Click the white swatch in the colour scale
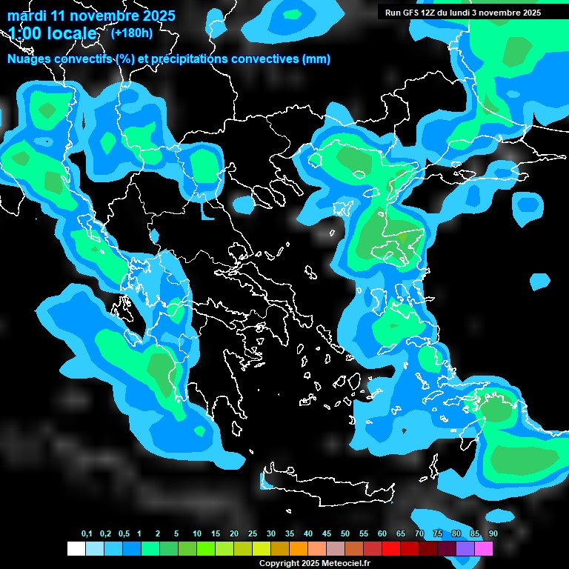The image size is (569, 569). (x=76, y=548)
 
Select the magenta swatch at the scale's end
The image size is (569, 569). (x=484, y=548)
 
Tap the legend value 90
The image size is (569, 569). (x=493, y=534)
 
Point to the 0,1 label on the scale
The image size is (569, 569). (x=87, y=534)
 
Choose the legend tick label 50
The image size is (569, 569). (x=345, y=534)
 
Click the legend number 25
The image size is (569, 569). (x=253, y=534)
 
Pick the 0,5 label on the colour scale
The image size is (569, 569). (x=124, y=534)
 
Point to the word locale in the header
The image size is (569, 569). (x=70, y=33)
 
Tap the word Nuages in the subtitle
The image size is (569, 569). (x=29, y=59)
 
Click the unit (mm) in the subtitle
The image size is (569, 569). (x=316, y=59)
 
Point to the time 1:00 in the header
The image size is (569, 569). (x=23, y=33)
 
